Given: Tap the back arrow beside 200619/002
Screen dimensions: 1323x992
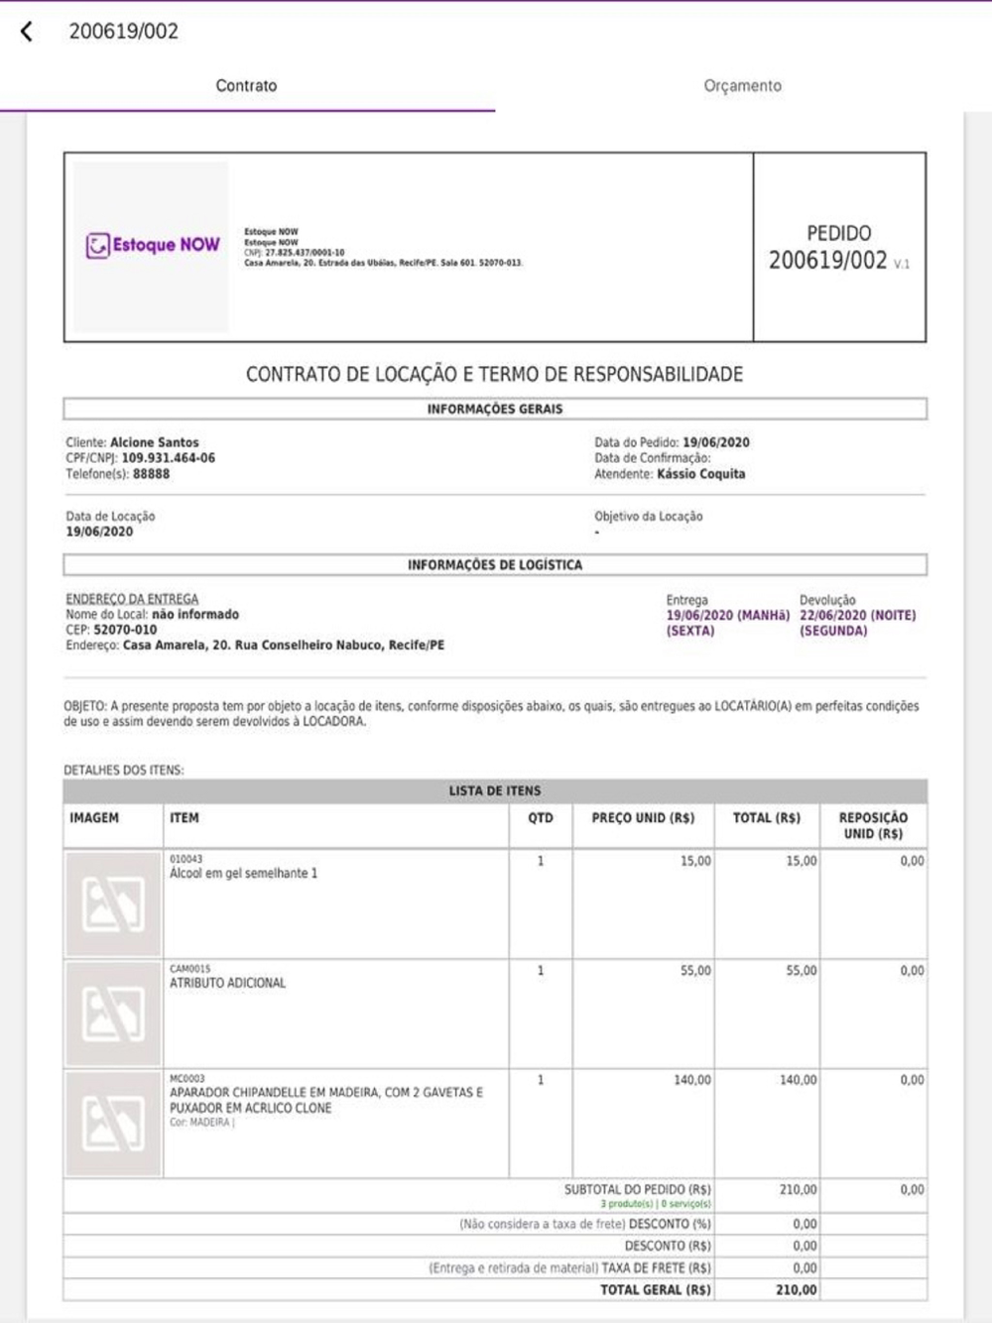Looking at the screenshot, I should pos(27,32).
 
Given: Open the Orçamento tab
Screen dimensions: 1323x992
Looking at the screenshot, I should pos(742,86).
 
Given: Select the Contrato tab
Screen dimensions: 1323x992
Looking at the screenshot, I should pos(246,86).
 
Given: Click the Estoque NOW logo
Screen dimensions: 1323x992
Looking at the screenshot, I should pos(152,245).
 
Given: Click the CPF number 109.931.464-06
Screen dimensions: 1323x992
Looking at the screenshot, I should pos(168,458).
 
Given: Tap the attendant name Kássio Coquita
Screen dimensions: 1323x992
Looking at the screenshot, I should pos(700,474).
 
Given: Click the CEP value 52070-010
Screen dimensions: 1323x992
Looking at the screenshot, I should pos(125,630).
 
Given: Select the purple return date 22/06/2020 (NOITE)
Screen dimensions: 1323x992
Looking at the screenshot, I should pos(857,615).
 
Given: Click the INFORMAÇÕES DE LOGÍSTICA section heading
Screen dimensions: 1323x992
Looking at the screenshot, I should pos(495,565).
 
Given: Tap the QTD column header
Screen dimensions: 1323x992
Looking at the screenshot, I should pos(541,818).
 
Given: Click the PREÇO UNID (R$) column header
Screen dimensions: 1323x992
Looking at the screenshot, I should pos(643,818).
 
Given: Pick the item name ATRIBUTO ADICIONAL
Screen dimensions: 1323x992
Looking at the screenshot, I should pos(227,983).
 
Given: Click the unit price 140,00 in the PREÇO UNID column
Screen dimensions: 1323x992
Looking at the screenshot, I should pos(692,1080).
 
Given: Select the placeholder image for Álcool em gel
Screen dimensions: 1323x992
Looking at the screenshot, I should pos(113,903).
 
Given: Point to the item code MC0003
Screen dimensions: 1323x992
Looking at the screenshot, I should pos(186,1078).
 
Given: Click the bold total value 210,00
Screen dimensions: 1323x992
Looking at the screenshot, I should pos(797,1290).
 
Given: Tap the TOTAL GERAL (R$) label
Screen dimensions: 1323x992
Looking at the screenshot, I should pos(655,1290).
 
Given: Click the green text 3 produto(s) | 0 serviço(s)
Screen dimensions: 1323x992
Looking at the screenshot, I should pos(655,1204).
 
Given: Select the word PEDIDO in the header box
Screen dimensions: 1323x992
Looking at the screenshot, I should pos(838,234).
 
